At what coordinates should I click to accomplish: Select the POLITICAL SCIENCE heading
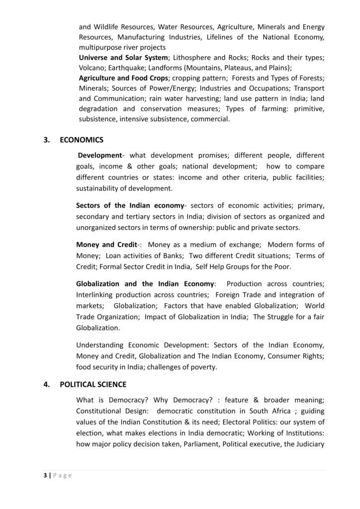93,384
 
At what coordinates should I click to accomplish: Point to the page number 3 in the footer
44,476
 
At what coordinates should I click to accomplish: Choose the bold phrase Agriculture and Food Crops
123,78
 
